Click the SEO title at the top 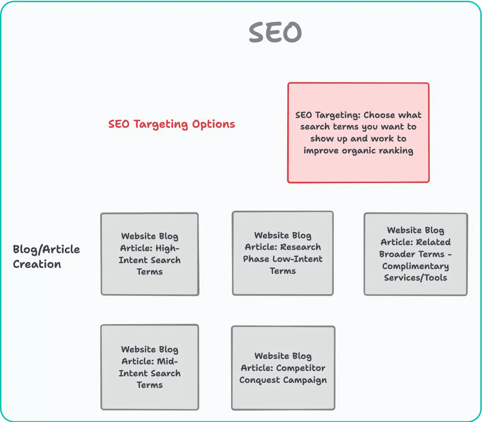tap(275, 32)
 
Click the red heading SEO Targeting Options tap(172, 124)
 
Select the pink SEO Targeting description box tap(358, 133)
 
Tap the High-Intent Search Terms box tap(150, 254)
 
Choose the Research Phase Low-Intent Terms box tap(283, 253)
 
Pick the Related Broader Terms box tap(415, 254)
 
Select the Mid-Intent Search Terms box tap(150, 367)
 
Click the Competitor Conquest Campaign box tap(283, 368)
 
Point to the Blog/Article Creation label tap(46, 256)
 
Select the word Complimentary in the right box tap(415, 266)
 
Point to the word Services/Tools tap(415, 278)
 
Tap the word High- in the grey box tap(167, 248)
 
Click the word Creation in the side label tap(37, 264)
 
